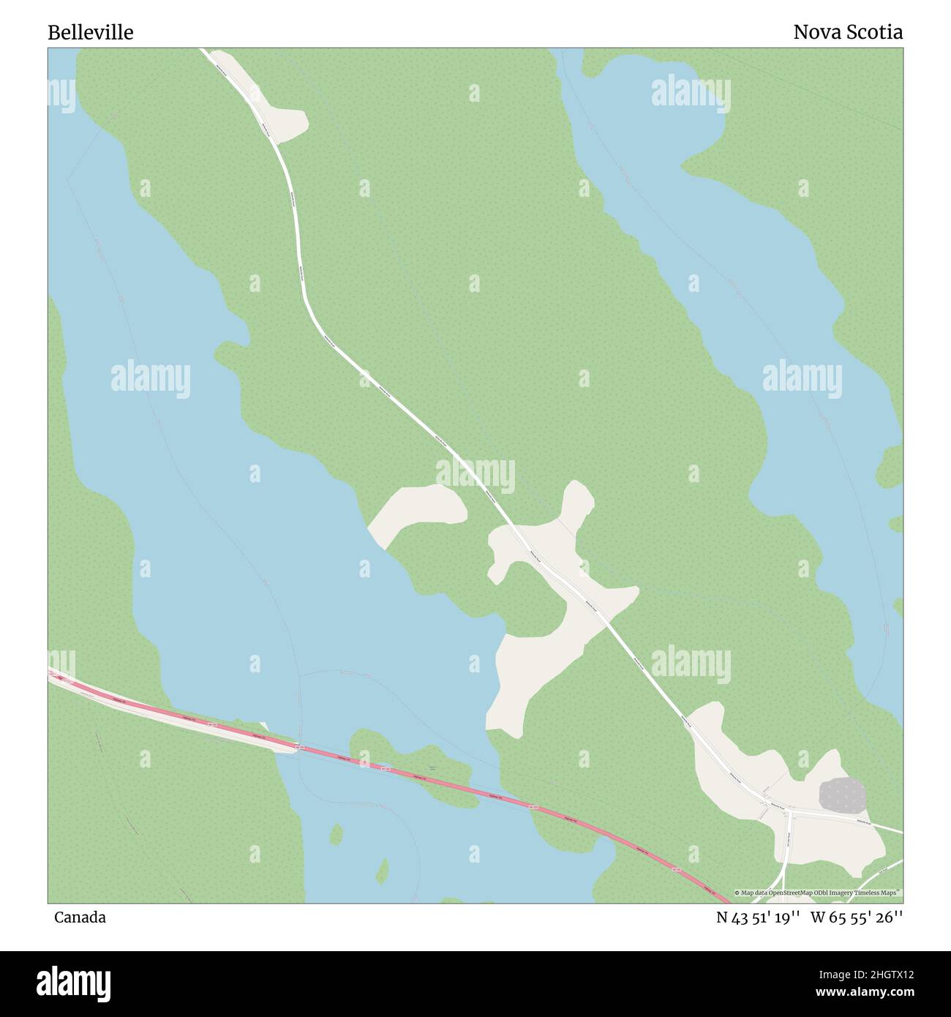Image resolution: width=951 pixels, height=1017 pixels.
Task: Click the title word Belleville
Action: click(x=90, y=32)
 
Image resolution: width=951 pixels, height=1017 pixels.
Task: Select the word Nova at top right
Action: click(x=812, y=32)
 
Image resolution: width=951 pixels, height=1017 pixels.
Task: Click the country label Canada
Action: click(x=79, y=917)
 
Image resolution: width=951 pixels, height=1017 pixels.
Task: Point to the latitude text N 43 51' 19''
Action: click(x=757, y=917)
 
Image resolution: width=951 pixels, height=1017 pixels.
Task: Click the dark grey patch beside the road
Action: click(x=842, y=795)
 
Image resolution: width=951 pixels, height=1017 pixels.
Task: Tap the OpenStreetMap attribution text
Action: click(x=818, y=893)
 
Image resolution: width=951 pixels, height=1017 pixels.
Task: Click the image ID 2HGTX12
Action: click(x=876, y=974)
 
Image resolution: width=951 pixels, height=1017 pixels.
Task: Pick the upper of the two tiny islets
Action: click(x=336, y=833)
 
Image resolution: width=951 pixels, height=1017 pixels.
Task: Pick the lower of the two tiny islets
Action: click(x=381, y=870)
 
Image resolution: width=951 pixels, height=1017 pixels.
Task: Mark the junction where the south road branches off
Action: click(x=791, y=811)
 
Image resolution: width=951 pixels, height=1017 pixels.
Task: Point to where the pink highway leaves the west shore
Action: click(x=296, y=747)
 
